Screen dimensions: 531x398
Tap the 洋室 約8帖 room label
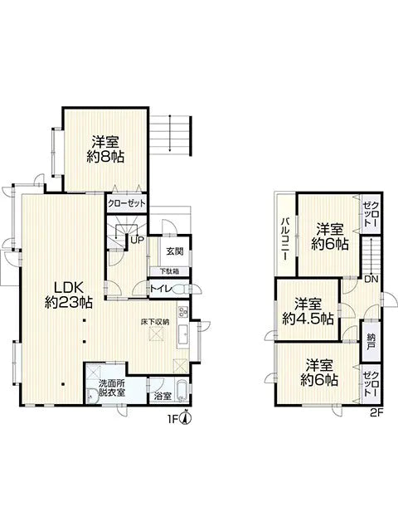107,148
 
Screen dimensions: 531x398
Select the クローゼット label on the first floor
126,202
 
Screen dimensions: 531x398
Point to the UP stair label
136,241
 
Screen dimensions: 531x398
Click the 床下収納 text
154,321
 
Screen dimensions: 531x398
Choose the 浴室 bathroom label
163,397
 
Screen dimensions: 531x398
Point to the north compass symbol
187,417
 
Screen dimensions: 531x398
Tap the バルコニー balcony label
284,238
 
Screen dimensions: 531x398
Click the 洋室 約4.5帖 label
308,311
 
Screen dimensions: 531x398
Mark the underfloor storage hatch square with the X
154,334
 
